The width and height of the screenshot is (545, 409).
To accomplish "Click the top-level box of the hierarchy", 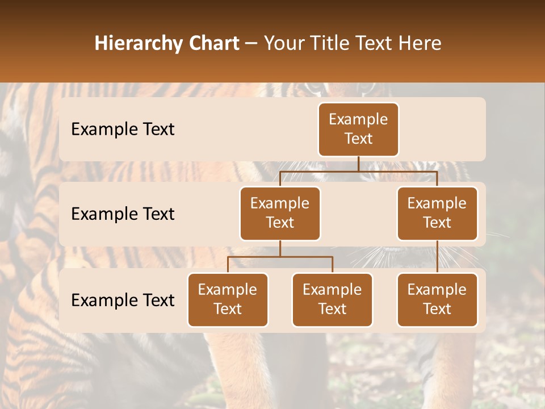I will tap(358, 129).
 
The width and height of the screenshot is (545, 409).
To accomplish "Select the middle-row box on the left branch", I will tap(280, 213).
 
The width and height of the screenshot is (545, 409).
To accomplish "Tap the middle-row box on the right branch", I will tap(437, 213).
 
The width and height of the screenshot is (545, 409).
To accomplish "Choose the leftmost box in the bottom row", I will tap(228, 299).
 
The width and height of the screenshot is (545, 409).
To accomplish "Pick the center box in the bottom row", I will tap(332, 299).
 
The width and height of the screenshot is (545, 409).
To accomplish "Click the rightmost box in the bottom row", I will tap(437, 299).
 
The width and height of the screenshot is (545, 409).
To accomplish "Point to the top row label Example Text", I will tap(123, 129).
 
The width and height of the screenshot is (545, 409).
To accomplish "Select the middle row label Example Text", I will tap(123, 214).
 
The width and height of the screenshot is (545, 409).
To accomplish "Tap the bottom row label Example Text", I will tap(123, 300).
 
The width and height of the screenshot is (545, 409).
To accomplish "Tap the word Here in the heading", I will tap(420, 43).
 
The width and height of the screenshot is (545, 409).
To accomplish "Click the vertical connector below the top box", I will tap(358, 164).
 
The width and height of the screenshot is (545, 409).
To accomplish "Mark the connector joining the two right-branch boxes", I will tap(437, 256).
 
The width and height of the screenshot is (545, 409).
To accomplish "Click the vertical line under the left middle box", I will tap(280, 248).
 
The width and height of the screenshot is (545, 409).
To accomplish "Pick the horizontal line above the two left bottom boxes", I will tap(280, 257).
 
